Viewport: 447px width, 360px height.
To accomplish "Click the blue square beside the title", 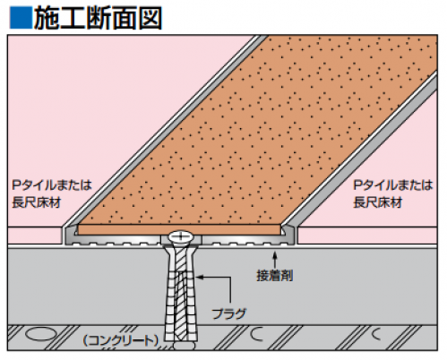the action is pos(21,18).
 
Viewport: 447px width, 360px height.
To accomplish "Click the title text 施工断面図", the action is pos(98,18).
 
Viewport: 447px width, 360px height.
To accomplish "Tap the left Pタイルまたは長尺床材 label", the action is pos(52,193).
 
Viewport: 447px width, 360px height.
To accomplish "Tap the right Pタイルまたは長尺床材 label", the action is pos(393,193).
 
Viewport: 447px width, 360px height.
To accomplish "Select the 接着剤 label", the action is pos(275,275).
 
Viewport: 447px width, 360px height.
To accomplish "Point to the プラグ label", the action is pos(229,313).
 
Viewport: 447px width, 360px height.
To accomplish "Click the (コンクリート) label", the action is pos(121,340).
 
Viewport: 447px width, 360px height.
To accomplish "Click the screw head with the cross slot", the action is pos(181,236).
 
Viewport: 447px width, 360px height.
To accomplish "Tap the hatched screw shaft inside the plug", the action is pos(181,294).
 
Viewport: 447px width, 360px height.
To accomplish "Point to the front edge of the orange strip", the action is pos(179,229).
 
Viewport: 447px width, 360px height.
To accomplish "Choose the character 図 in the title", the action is pos(150,18).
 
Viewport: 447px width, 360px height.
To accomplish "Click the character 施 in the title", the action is pos(47,18).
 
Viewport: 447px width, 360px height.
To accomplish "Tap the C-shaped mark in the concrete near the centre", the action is pos(256,334).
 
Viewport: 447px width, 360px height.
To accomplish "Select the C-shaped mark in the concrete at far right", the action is pos(376,334).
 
